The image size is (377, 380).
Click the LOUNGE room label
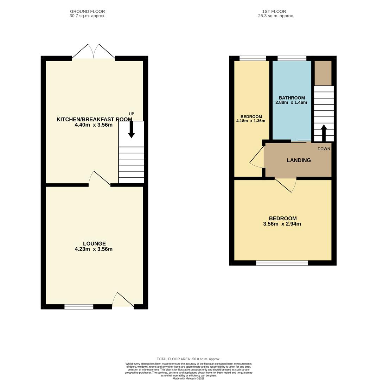94,243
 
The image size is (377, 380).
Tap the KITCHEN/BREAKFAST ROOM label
94,119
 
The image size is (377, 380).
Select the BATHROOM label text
292,98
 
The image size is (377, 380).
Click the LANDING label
299,160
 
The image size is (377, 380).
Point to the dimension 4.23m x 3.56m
94,249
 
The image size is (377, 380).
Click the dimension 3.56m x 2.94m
282,224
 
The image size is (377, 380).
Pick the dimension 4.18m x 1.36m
251,121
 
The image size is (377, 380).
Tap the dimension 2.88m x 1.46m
291,103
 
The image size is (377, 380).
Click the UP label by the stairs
132,114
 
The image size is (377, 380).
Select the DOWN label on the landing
324,149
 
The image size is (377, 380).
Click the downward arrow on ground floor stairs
132,129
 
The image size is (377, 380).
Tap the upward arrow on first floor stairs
324,133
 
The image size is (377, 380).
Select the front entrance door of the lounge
123,300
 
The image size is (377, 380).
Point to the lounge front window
79,307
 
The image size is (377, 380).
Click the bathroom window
292,58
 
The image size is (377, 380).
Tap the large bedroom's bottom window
282,263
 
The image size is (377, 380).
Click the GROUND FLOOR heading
87,12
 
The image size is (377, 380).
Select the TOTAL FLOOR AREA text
188,359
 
